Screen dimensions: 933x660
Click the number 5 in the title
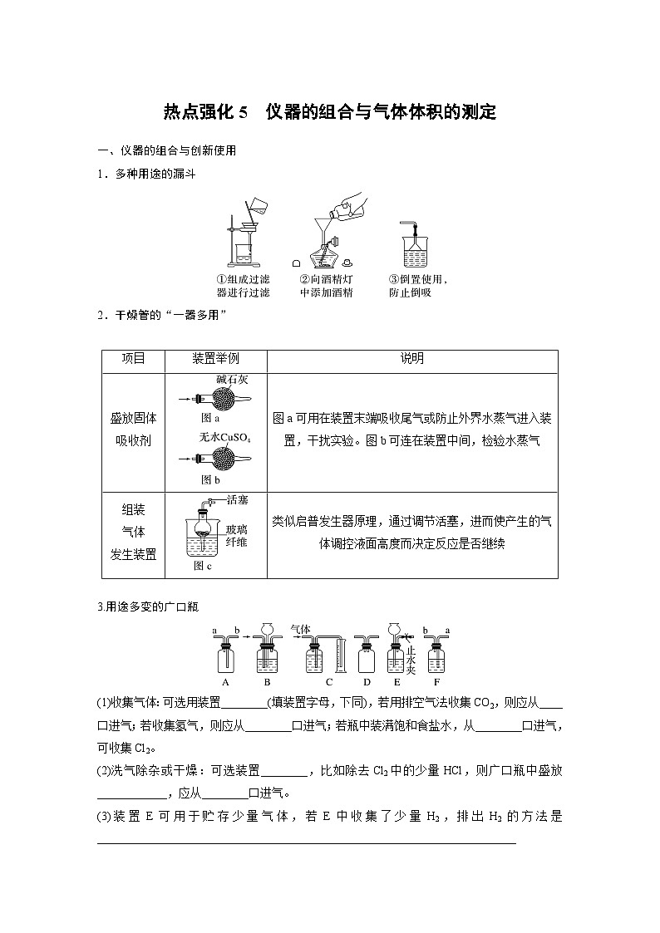(243, 112)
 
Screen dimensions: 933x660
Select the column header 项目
(133, 359)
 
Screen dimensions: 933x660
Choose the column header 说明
(411, 359)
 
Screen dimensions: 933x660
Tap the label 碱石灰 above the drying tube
(232, 381)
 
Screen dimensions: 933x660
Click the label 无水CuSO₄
(224, 437)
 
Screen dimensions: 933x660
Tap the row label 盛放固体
(133, 418)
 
